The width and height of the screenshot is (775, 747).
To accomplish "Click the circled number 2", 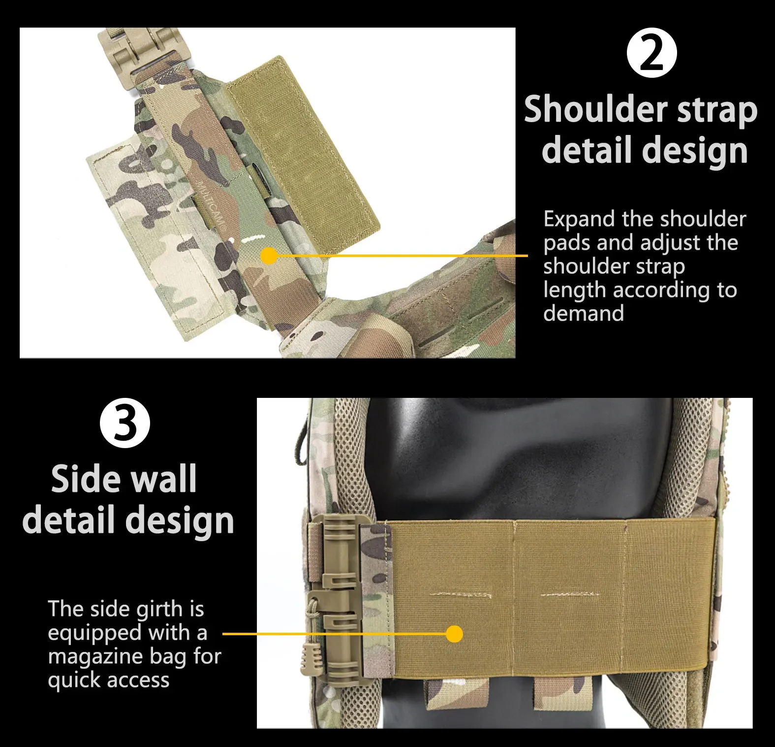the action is pos(652,53).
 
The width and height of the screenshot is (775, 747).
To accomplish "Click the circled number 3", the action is pos(125,423).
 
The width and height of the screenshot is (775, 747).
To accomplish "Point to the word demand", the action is pos(584,313).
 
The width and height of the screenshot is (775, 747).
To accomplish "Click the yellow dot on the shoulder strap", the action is pos(269,256).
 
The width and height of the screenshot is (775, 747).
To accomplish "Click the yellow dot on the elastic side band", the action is pos(455,634).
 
